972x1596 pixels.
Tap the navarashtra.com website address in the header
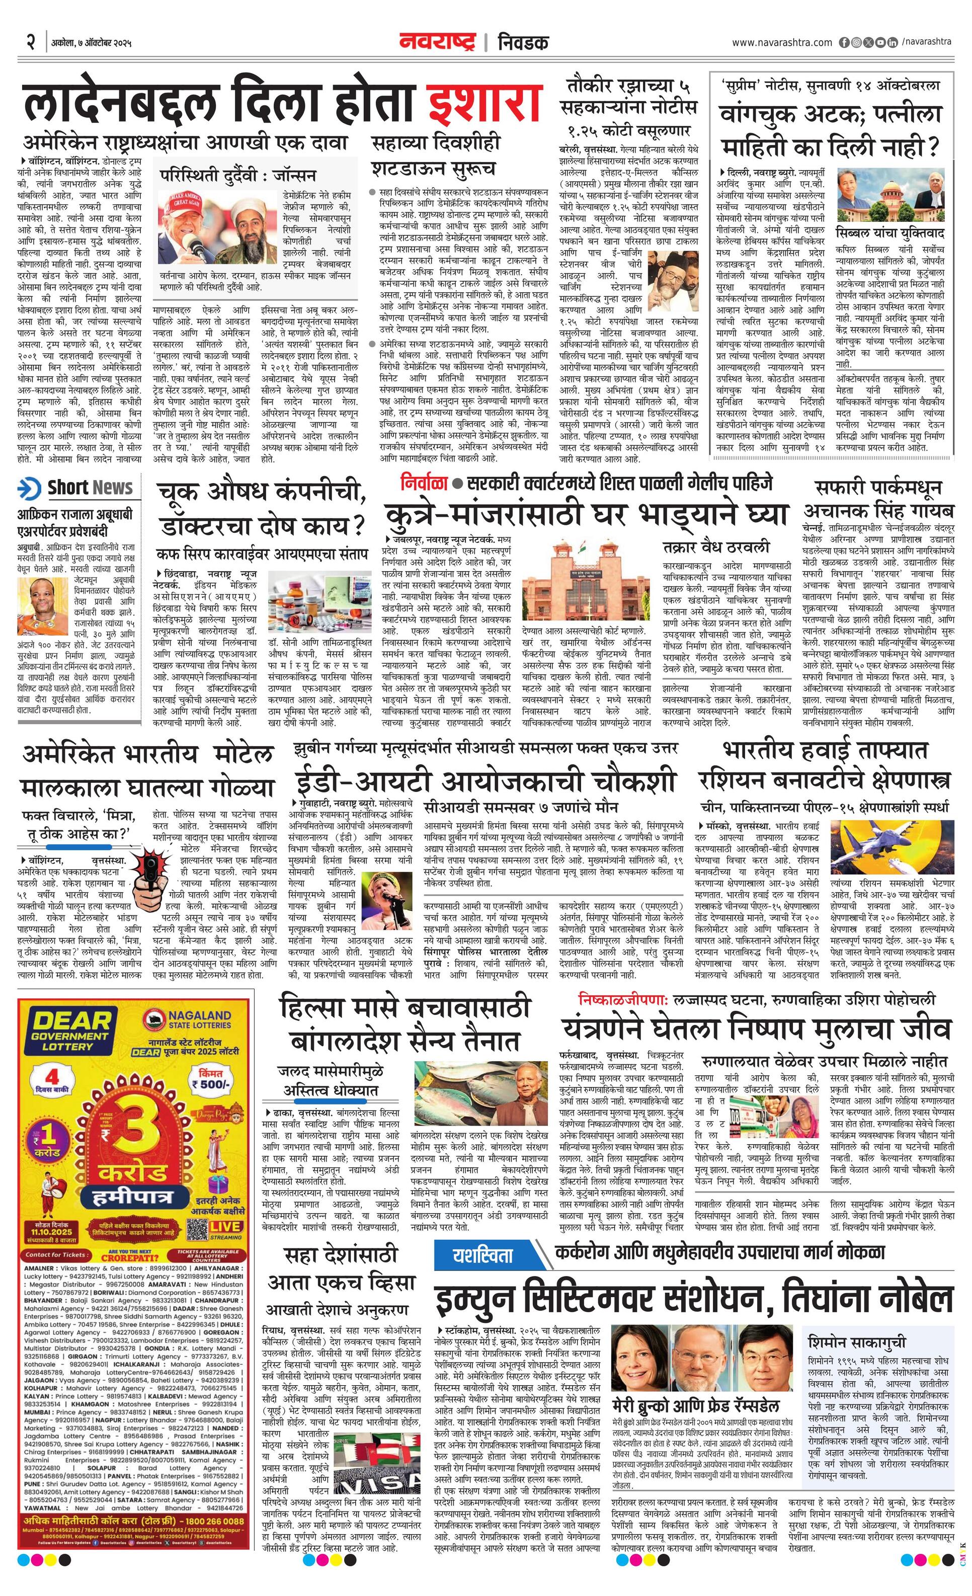pos(782,43)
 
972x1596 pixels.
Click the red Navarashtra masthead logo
pos(437,42)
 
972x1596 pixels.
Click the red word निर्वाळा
pos(424,483)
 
